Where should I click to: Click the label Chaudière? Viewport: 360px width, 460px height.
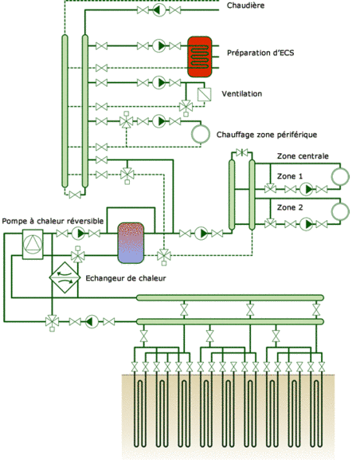(x=245, y=6)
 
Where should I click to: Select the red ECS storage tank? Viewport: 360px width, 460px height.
(x=200, y=57)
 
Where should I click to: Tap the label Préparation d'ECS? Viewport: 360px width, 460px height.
(x=260, y=53)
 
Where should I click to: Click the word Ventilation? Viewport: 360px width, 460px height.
(x=242, y=94)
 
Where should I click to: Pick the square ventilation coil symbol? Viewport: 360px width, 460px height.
(x=205, y=94)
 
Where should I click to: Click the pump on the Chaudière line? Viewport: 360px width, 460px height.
(x=159, y=10)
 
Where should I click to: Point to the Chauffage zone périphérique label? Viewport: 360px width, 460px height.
(x=267, y=135)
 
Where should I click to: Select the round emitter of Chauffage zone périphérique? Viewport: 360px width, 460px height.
(x=201, y=134)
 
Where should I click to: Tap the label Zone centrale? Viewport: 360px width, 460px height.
(x=303, y=156)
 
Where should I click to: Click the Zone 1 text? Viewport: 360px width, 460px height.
(x=290, y=176)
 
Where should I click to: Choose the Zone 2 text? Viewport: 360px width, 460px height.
(x=290, y=207)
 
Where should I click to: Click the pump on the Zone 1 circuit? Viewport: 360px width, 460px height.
(x=306, y=189)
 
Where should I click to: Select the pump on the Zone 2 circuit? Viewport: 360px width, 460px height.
(x=306, y=225)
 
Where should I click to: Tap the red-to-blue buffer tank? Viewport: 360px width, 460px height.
(x=131, y=243)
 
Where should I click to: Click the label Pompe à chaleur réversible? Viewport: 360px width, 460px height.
(x=53, y=221)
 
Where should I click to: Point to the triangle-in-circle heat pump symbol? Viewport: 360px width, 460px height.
(x=33, y=245)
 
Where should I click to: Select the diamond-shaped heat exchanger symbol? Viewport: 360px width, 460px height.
(x=65, y=277)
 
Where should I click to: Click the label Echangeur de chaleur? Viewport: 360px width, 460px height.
(x=126, y=278)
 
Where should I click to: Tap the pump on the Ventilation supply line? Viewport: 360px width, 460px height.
(x=159, y=82)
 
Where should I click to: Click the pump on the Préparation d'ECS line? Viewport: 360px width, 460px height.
(x=159, y=45)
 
